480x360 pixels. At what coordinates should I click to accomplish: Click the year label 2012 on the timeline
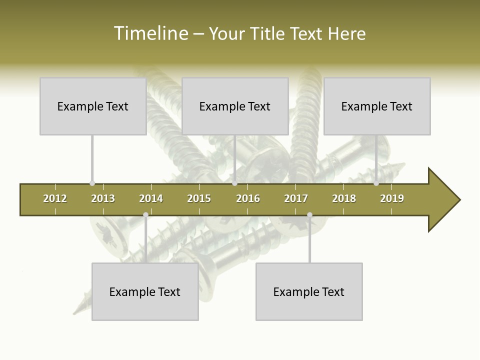(55, 198)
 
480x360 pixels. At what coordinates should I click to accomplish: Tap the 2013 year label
(103, 198)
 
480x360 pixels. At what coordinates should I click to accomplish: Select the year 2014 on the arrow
(151, 198)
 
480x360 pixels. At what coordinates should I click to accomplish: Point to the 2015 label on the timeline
(199, 198)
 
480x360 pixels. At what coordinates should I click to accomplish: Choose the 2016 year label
(248, 198)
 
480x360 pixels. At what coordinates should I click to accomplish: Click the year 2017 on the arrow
(296, 198)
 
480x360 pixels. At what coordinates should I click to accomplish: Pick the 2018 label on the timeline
(344, 198)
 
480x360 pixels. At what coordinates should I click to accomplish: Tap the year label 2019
(392, 198)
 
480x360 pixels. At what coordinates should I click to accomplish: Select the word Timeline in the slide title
(150, 33)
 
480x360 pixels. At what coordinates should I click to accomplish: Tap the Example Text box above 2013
(93, 106)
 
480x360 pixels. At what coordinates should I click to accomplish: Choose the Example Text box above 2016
(235, 106)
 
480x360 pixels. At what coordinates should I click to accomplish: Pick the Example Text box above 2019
(377, 106)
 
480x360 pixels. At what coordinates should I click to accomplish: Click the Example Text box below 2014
(145, 291)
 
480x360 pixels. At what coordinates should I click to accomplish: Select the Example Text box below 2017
(309, 291)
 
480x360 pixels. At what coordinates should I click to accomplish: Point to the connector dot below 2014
(145, 214)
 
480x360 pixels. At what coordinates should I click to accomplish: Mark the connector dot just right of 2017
(309, 214)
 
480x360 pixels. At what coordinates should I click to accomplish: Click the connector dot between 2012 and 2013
(92, 183)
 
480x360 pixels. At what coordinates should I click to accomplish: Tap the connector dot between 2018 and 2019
(376, 183)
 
